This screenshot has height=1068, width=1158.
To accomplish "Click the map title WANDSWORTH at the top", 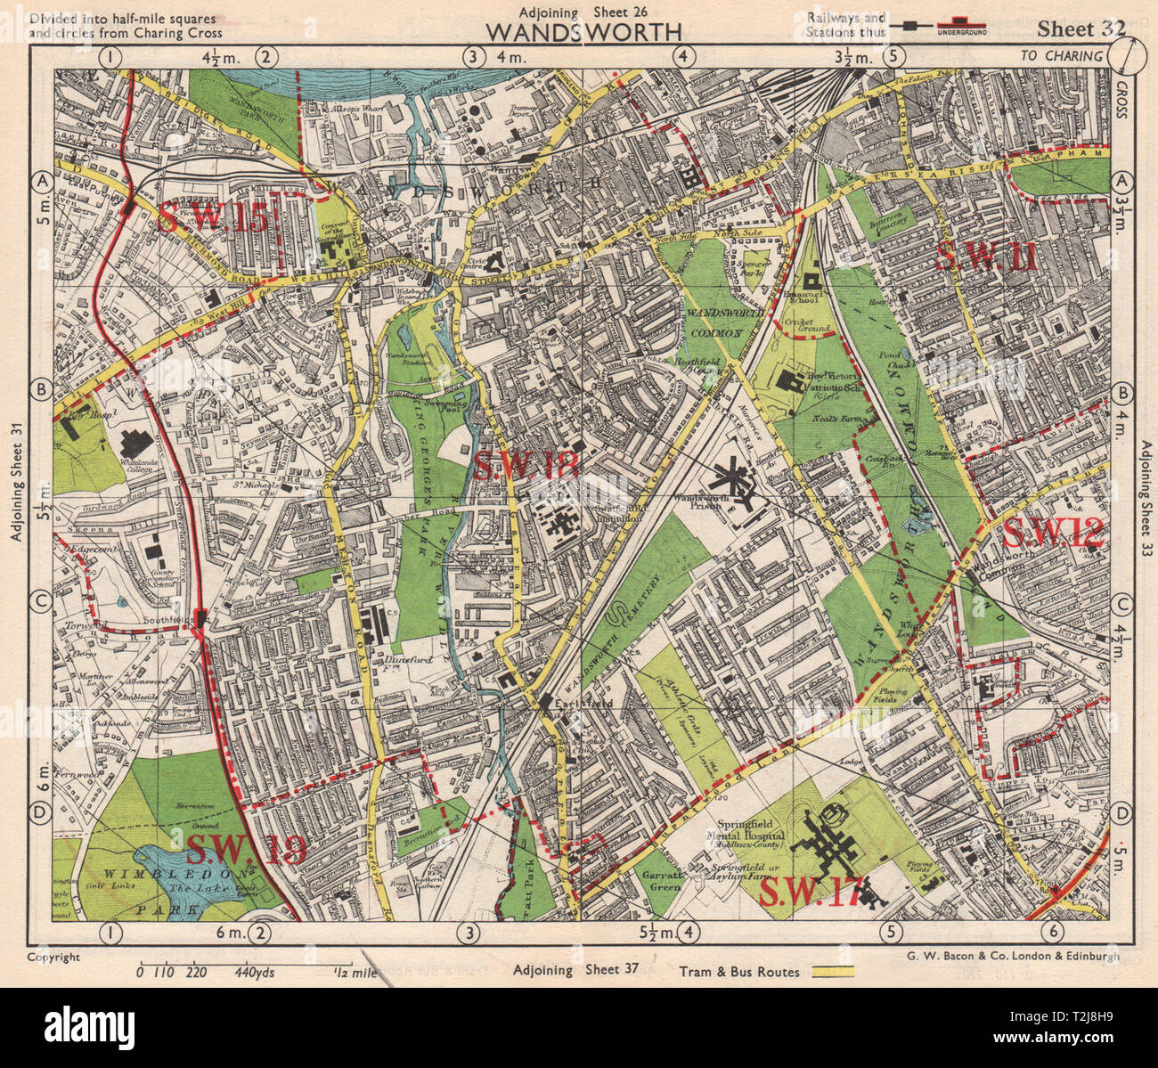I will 584,31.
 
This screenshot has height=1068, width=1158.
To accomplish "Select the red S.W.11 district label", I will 986,257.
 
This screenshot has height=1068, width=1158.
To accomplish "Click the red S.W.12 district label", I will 1054,534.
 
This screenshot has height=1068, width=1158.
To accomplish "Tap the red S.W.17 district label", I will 810,892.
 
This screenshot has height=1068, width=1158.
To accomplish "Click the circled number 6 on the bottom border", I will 1055,933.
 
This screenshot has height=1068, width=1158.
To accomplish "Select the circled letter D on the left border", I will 39,812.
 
